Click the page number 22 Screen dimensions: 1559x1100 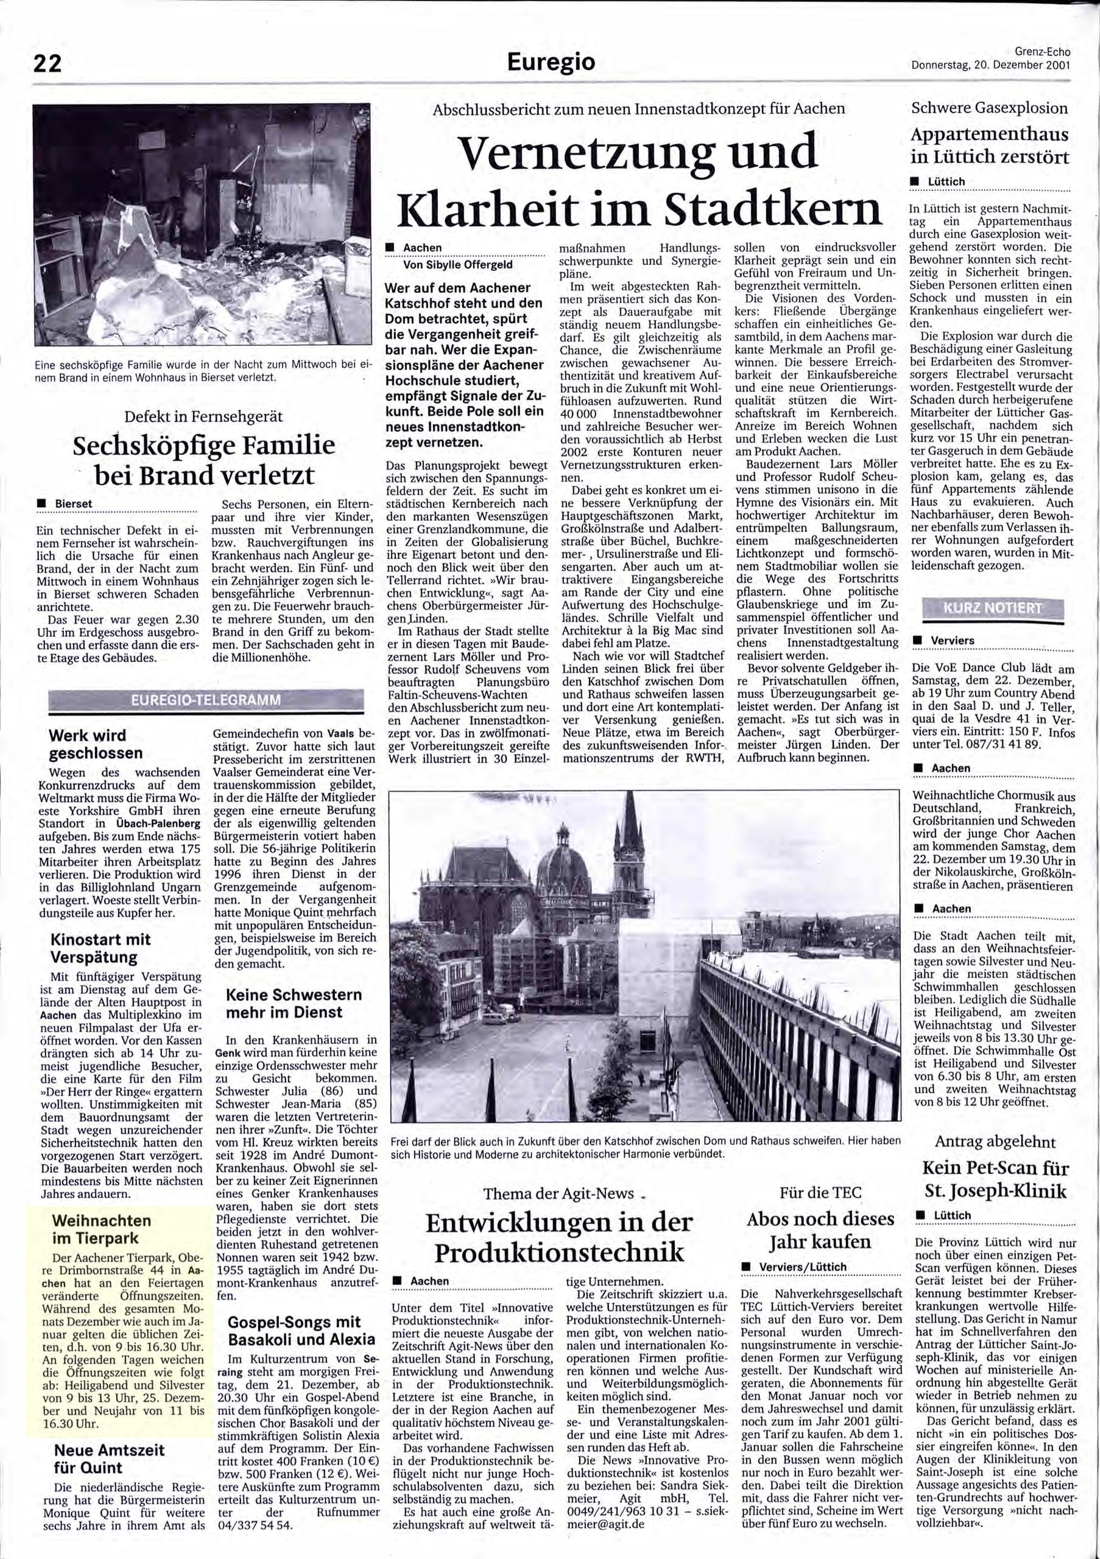pos(48,63)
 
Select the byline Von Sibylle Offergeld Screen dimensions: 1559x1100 pos(458,265)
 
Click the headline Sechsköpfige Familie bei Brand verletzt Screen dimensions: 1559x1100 pos(203,460)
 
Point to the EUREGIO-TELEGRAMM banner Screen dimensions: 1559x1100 pos(206,700)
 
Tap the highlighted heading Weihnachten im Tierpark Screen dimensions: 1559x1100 pos(101,1229)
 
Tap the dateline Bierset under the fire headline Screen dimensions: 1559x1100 pos(75,504)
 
